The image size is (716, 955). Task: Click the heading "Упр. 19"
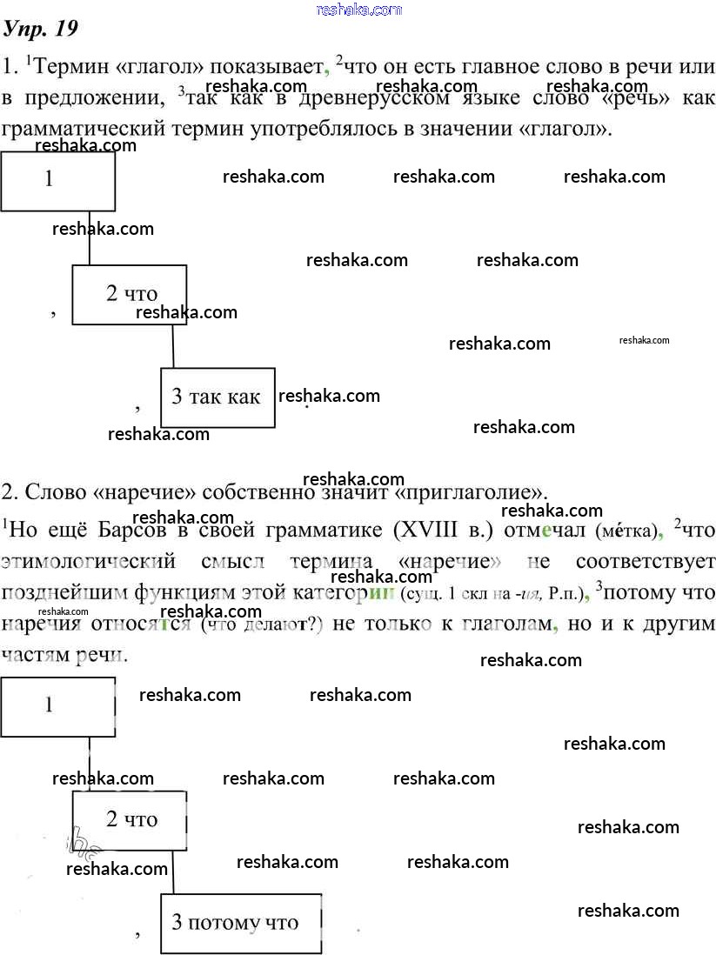(x=41, y=29)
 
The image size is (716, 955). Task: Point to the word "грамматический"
(x=86, y=130)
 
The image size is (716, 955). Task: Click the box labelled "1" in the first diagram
(x=57, y=181)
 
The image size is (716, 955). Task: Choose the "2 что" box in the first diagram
(x=128, y=294)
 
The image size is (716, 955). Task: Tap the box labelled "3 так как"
(x=217, y=397)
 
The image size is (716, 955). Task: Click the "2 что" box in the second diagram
(x=129, y=819)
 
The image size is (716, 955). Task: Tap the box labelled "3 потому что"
(x=241, y=923)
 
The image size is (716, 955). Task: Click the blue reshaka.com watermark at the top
(x=359, y=10)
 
